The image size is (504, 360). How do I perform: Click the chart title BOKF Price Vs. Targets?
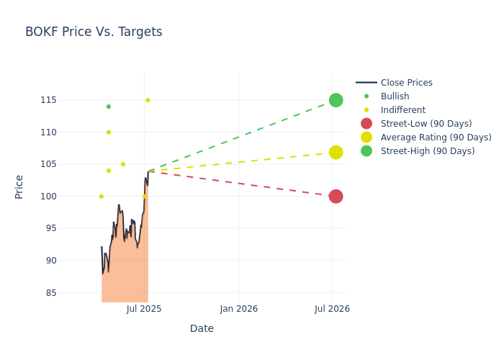click(x=94, y=32)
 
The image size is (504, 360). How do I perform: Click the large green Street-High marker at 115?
click(x=336, y=100)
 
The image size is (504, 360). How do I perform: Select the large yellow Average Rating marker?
click(x=336, y=152)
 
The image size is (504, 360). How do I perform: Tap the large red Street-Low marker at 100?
click(x=336, y=196)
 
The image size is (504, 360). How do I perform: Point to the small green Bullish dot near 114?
click(x=109, y=107)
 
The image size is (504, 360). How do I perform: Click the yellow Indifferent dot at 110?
click(x=109, y=132)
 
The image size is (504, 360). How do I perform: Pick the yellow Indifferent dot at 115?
click(x=148, y=100)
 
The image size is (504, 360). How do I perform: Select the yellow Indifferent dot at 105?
click(x=123, y=164)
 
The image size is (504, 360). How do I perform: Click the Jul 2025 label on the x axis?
click(x=144, y=309)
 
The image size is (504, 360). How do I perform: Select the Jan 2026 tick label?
click(x=239, y=309)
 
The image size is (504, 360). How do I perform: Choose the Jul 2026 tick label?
click(x=333, y=309)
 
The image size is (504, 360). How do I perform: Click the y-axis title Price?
click(x=19, y=186)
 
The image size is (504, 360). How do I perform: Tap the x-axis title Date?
click(x=202, y=328)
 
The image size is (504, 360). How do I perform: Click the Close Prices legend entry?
click(x=406, y=83)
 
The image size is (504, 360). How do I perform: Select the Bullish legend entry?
click(x=395, y=96)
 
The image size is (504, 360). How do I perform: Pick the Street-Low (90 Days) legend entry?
click(x=426, y=124)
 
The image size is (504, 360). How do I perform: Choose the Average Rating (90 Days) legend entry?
click(x=436, y=138)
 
